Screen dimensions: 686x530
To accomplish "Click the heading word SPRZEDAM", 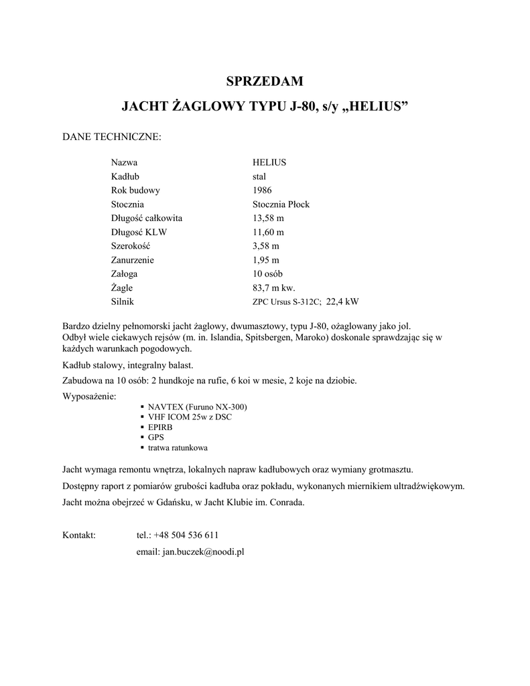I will (x=265, y=82).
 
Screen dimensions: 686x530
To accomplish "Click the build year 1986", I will (x=263, y=190).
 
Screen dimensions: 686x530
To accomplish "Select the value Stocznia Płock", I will (x=281, y=204).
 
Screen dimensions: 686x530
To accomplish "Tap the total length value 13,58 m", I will (x=268, y=218).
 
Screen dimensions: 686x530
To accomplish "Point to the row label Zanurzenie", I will (x=133, y=260).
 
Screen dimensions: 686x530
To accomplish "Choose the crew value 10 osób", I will (x=268, y=274).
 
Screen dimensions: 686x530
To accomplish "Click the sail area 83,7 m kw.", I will (x=273, y=288).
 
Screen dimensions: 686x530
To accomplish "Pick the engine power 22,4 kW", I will (x=342, y=302).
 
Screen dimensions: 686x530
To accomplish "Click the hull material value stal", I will (x=259, y=176).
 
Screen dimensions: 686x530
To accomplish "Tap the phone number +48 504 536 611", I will (x=186, y=535).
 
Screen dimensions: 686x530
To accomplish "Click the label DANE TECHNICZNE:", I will (x=112, y=137).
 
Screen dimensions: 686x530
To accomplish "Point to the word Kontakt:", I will (x=79, y=535).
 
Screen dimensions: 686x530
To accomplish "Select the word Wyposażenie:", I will (x=89, y=397).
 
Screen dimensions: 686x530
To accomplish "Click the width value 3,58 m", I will (x=266, y=246).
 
